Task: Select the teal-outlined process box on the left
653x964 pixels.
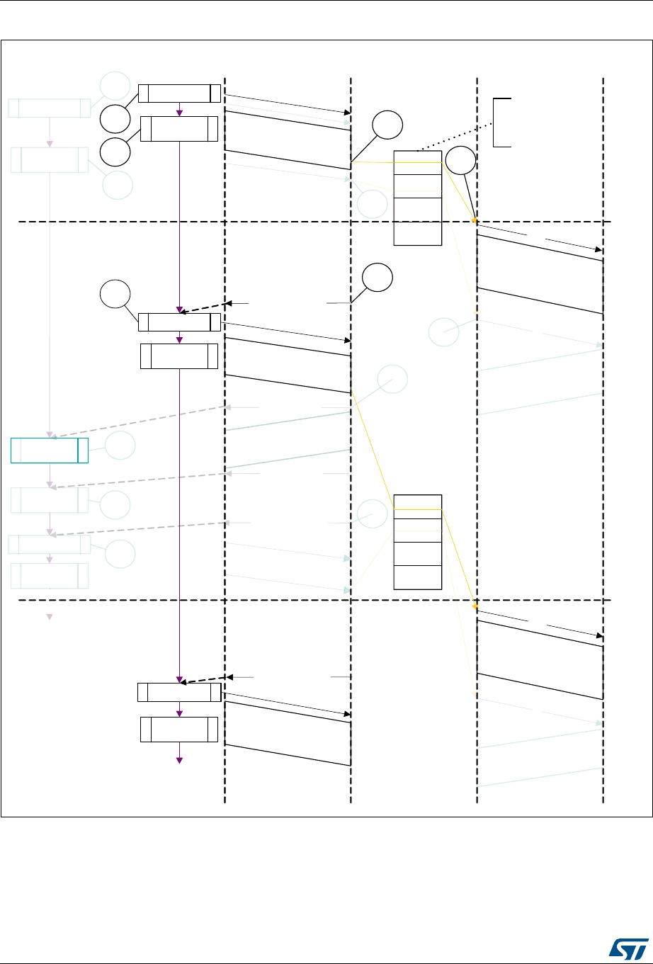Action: point(50,450)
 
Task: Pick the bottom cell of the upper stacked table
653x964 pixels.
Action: point(418,233)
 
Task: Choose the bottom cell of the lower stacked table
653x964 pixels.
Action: point(418,577)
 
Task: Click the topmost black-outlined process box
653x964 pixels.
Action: point(179,93)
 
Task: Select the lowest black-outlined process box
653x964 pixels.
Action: point(179,730)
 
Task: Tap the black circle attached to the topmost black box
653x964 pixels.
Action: point(114,119)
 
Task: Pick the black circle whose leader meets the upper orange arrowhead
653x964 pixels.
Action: point(461,161)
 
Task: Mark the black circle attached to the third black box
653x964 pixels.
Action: point(114,295)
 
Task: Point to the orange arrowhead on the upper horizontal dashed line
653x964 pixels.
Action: point(475,220)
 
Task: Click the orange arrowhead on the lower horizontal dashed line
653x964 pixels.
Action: point(475,606)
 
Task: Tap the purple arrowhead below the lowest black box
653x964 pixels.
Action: point(179,760)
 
